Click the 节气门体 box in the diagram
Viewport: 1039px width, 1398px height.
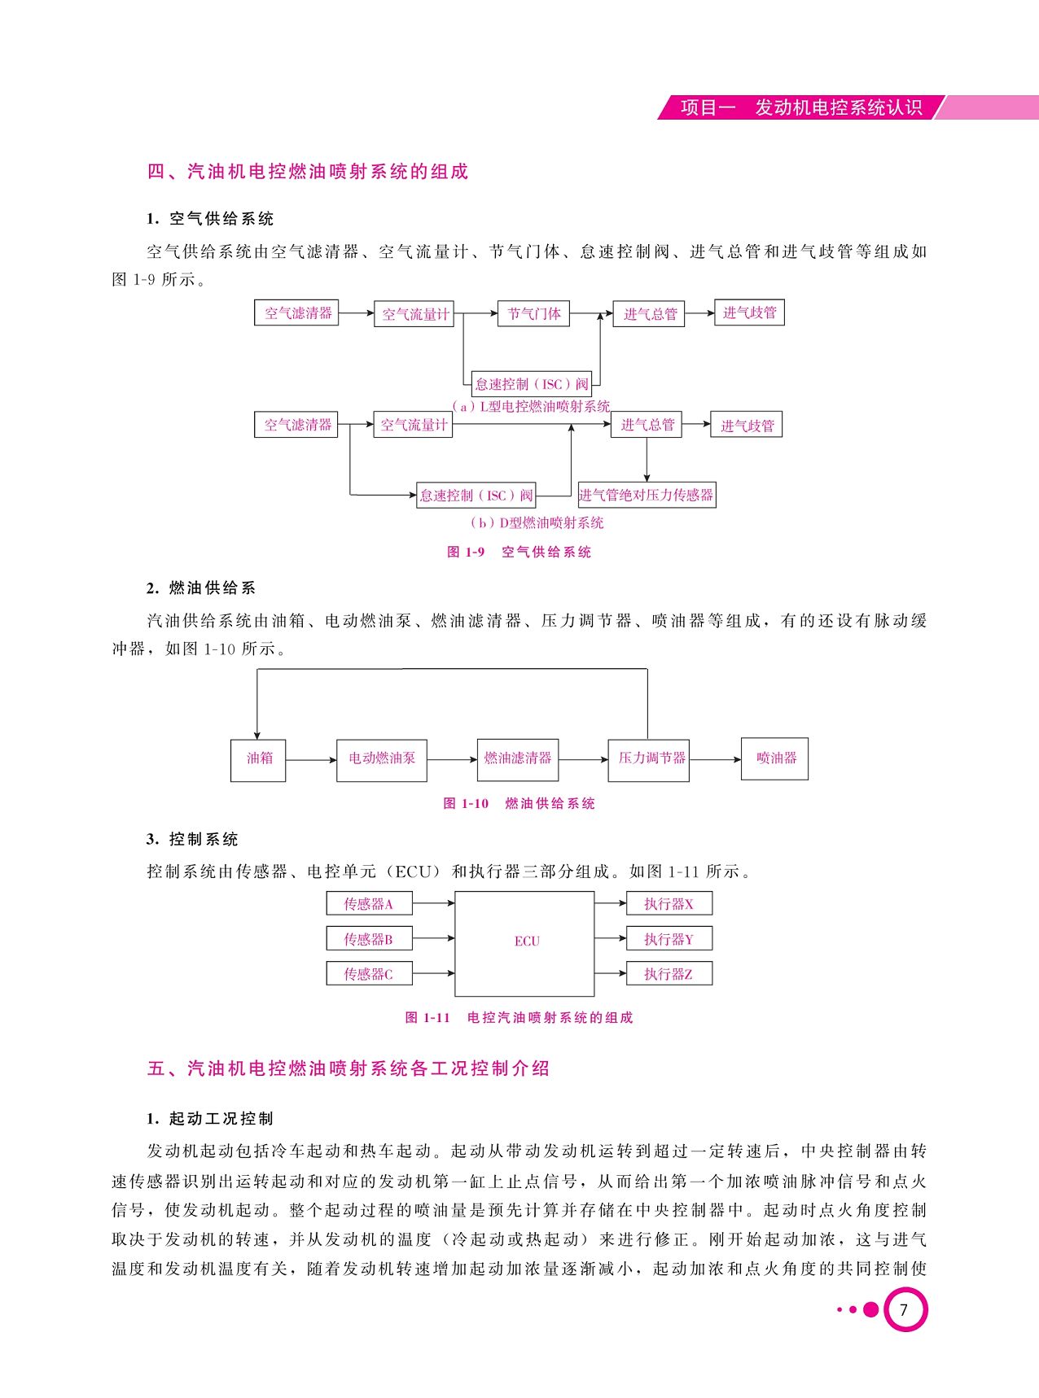coord(533,314)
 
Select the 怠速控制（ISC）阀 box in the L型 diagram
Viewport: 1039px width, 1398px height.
coord(532,384)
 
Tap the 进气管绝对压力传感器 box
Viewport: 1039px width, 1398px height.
coord(647,495)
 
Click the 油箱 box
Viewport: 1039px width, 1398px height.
coord(258,760)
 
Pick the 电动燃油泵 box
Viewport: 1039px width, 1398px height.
coord(382,760)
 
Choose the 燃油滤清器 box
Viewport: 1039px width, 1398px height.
coord(518,760)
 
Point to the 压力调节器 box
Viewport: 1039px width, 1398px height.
coord(649,760)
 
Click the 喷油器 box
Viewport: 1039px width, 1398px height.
coord(774,758)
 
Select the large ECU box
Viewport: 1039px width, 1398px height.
coord(524,943)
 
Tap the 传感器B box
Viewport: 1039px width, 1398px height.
coord(369,939)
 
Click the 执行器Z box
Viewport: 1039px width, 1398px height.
coord(669,974)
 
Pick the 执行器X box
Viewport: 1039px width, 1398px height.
coord(669,903)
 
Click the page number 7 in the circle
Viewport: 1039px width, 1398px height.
coord(904,1309)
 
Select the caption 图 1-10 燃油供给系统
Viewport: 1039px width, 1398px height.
coord(519,804)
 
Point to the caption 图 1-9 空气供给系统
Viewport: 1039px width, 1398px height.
coord(519,553)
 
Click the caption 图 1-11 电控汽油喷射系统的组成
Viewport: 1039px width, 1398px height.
coord(519,1018)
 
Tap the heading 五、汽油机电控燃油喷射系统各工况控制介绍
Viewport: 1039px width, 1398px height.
coord(349,1068)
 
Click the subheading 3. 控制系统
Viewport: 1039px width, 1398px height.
coord(192,840)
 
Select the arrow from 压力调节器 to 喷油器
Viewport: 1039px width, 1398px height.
coord(715,760)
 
